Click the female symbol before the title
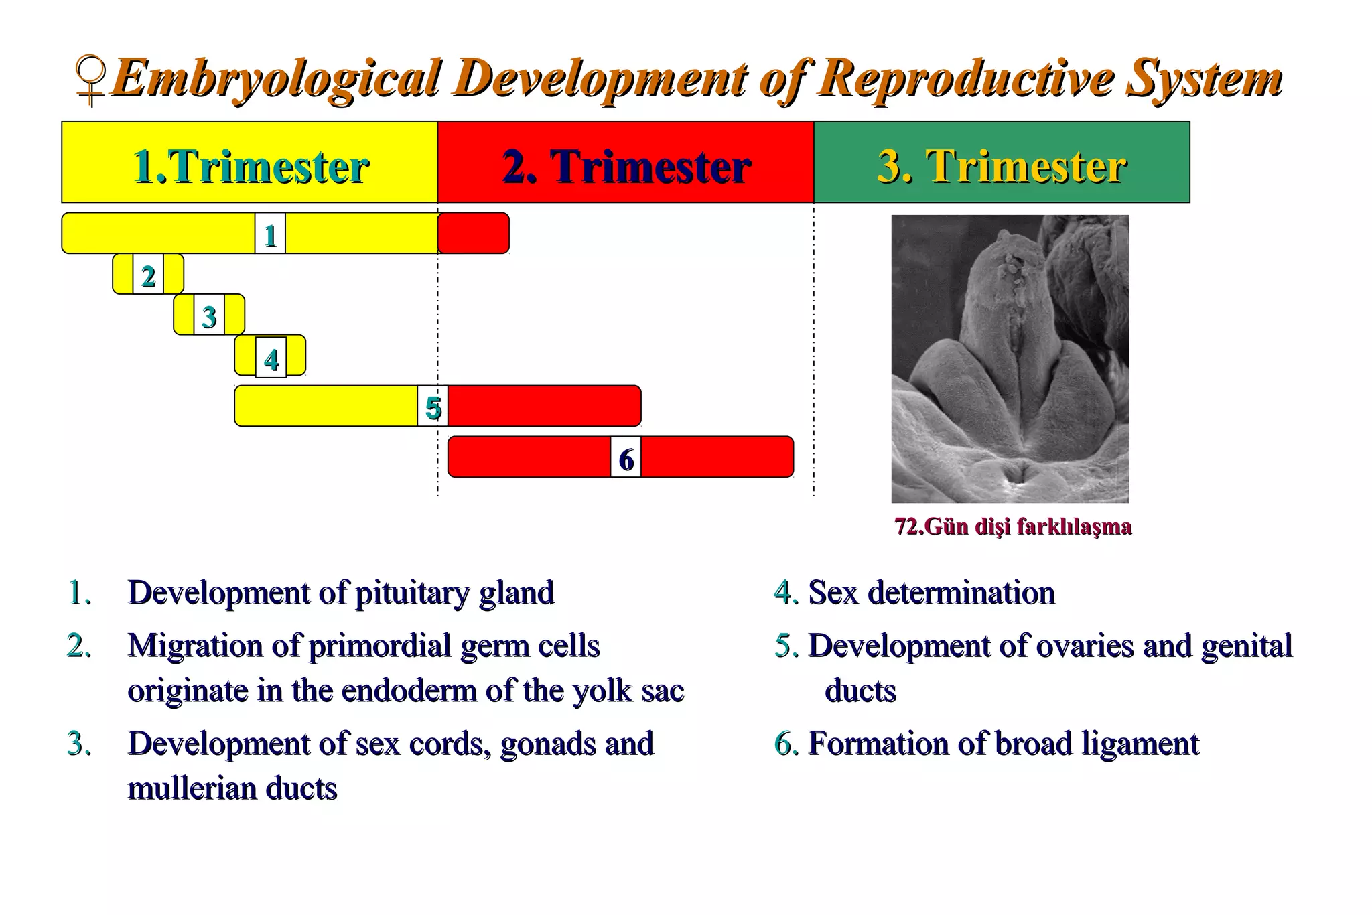(x=91, y=81)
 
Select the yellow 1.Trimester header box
(x=249, y=163)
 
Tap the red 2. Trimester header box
(x=626, y=163)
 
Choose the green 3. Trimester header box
(x=1002, y=163)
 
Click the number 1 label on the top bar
(x=271, y=234)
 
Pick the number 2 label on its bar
(x=148, y=275)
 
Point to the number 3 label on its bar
(x=209, y=315)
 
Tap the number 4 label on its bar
(x=271, y=358)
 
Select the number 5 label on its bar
(x=433, y=407)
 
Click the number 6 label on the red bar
(x=626, y=458)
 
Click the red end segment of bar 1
(x=474, y=233)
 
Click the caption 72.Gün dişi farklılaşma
(x=1012, y=526)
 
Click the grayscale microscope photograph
(x=1010, y=358)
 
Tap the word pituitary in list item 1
(x=412, y=593)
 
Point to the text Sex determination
(x=931, y=593)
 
